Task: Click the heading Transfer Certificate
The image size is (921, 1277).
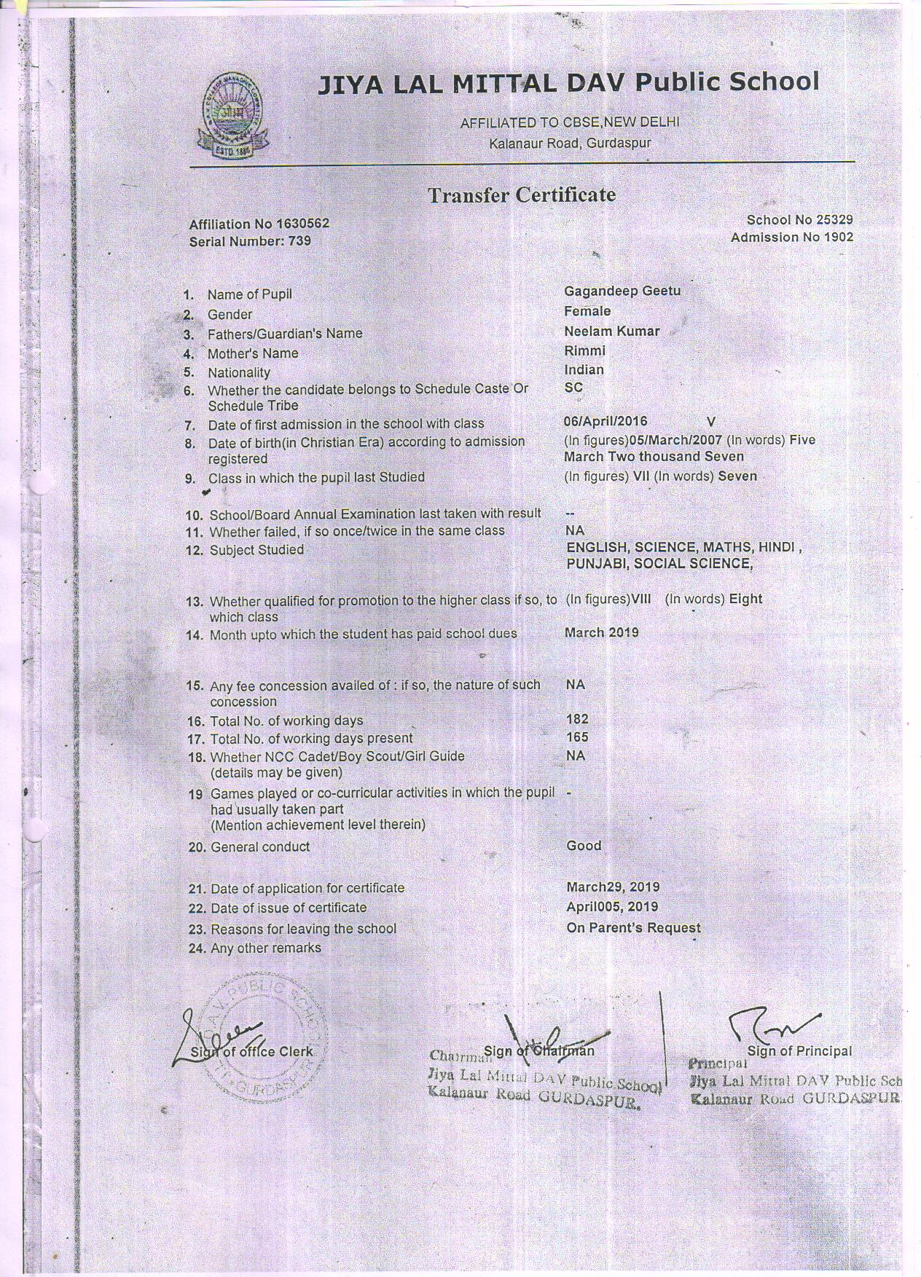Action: point(521,195)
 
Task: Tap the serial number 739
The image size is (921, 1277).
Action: point(297,240)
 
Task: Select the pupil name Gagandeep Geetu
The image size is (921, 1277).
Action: point(622,291)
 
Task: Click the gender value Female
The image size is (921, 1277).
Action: point(587,311)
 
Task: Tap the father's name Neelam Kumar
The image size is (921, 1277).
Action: point(611,331)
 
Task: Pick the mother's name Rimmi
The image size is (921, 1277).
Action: point(584,350)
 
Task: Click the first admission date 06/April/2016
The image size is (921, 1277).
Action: point(605,421)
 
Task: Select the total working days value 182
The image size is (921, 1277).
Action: point(577,719)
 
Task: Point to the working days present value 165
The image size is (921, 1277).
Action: point(577,737)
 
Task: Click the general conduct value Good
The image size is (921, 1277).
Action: point(584,846)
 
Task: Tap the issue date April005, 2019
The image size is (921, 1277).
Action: point(612,907)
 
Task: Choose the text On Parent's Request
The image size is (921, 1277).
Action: point(633,928)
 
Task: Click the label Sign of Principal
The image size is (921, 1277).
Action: point(799,1051)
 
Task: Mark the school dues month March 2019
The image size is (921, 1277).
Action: point(601,632)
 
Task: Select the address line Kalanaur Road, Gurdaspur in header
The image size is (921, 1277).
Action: point(570,143)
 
